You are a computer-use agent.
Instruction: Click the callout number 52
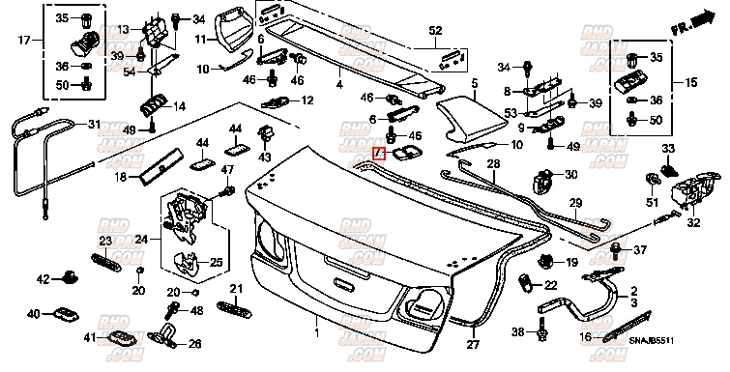435,30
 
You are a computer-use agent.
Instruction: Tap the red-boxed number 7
381,154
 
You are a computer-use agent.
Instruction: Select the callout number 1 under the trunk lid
316,332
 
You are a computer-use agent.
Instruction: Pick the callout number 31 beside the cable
93,124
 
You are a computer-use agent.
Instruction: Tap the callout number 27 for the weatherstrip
473,344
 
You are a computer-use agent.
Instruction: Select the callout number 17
24,40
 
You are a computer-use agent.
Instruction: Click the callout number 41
89,337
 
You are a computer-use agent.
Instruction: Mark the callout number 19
571,262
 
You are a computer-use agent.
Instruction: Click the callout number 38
518,332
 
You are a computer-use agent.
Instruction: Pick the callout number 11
199,40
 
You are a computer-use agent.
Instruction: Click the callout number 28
492,165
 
